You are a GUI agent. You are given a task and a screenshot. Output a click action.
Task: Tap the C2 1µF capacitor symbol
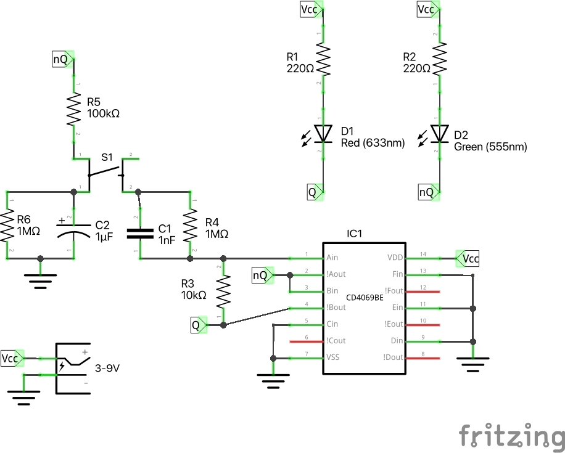(x=73, y=231)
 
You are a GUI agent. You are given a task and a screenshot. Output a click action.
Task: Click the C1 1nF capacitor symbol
(x=140, y=232)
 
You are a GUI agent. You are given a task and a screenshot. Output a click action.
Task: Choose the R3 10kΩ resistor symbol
(x=223, y=291)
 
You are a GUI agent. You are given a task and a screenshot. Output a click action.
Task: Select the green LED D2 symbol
(x=440, y=133)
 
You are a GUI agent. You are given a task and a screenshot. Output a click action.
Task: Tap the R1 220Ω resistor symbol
(x=322, y=57)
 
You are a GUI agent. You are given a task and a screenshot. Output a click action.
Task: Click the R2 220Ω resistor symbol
(x=440, y=57)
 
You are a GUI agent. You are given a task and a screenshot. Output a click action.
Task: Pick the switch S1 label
(x=107, y=157)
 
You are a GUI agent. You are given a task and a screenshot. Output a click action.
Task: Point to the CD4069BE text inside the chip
(x=365, y=297)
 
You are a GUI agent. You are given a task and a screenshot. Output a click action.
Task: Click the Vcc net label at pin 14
(x=469, y=258)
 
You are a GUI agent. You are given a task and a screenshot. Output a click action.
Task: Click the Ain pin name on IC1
(x=331, y=258)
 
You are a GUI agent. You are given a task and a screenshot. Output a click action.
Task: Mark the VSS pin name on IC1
(x=332, y=357)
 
